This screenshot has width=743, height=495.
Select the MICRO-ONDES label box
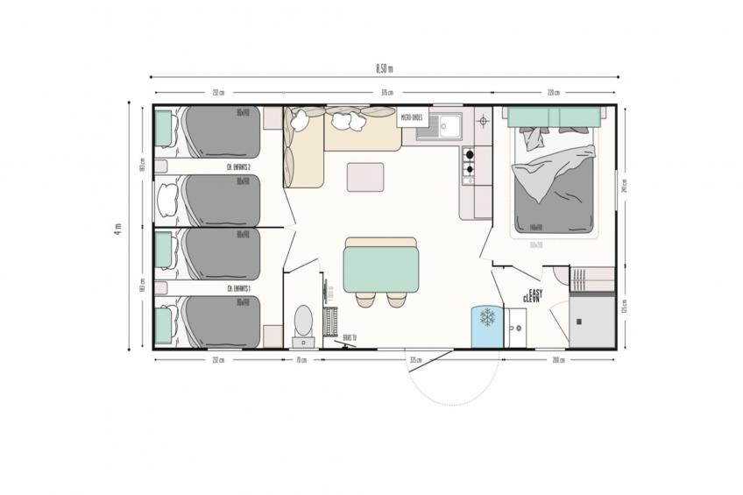[x=412, y=117]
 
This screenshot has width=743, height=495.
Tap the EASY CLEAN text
[x=532, y=296]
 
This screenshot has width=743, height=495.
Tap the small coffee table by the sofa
[x=364, y=176]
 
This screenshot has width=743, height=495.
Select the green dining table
[x=381, y=267]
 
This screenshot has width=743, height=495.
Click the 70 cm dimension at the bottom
[x=301, y=359]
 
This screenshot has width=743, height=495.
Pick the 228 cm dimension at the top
[x=553, y=92]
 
